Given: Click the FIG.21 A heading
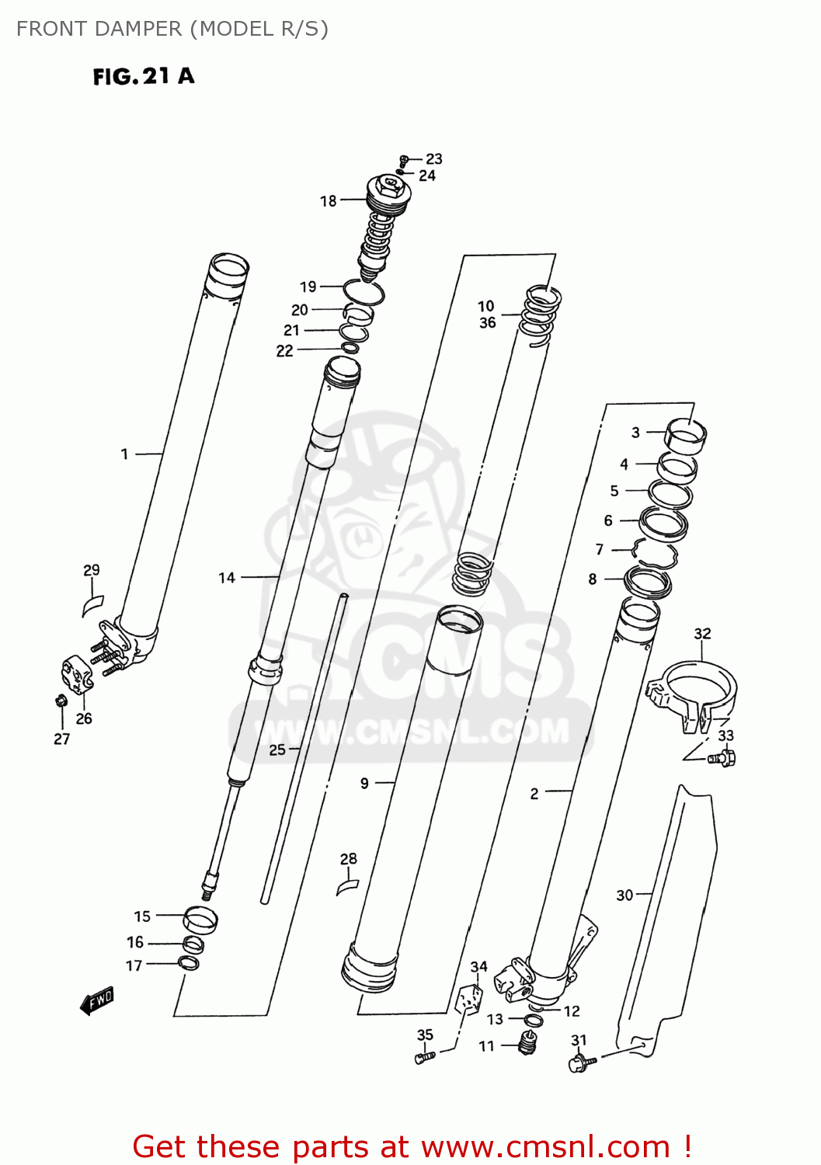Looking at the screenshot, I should pyautogui.click(x=144, y=76).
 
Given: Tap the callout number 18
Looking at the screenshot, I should pyautogui.click(x=329, y=201).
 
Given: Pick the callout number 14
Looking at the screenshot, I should pyautogui.click(x=227, y=578).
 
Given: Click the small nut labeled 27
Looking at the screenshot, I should pyautogui.click(x=61, y=701).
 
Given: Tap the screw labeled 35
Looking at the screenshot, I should pyautogui.click(x=423, y=1057).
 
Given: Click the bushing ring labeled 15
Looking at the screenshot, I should pyautogui.click(x=200, y=919).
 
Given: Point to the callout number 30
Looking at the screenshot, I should pyautogui.click(x=624, y=895).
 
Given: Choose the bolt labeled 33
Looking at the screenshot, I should pyautogui.click(x=722, y=757).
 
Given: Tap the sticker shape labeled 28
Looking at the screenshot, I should pyautogui.click(x=348, y=885).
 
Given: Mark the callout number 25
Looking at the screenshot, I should pyautogui.click(x=277, y=750).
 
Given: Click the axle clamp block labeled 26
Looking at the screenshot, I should pyautogui.click(x=77, y=675).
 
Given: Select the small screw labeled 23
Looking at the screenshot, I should pyautogui.click(x=403, y=160).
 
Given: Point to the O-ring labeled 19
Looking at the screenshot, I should pyautogui.click(x=364, y=294).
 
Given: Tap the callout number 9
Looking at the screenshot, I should pyautogui.click(x=365, y=783).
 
